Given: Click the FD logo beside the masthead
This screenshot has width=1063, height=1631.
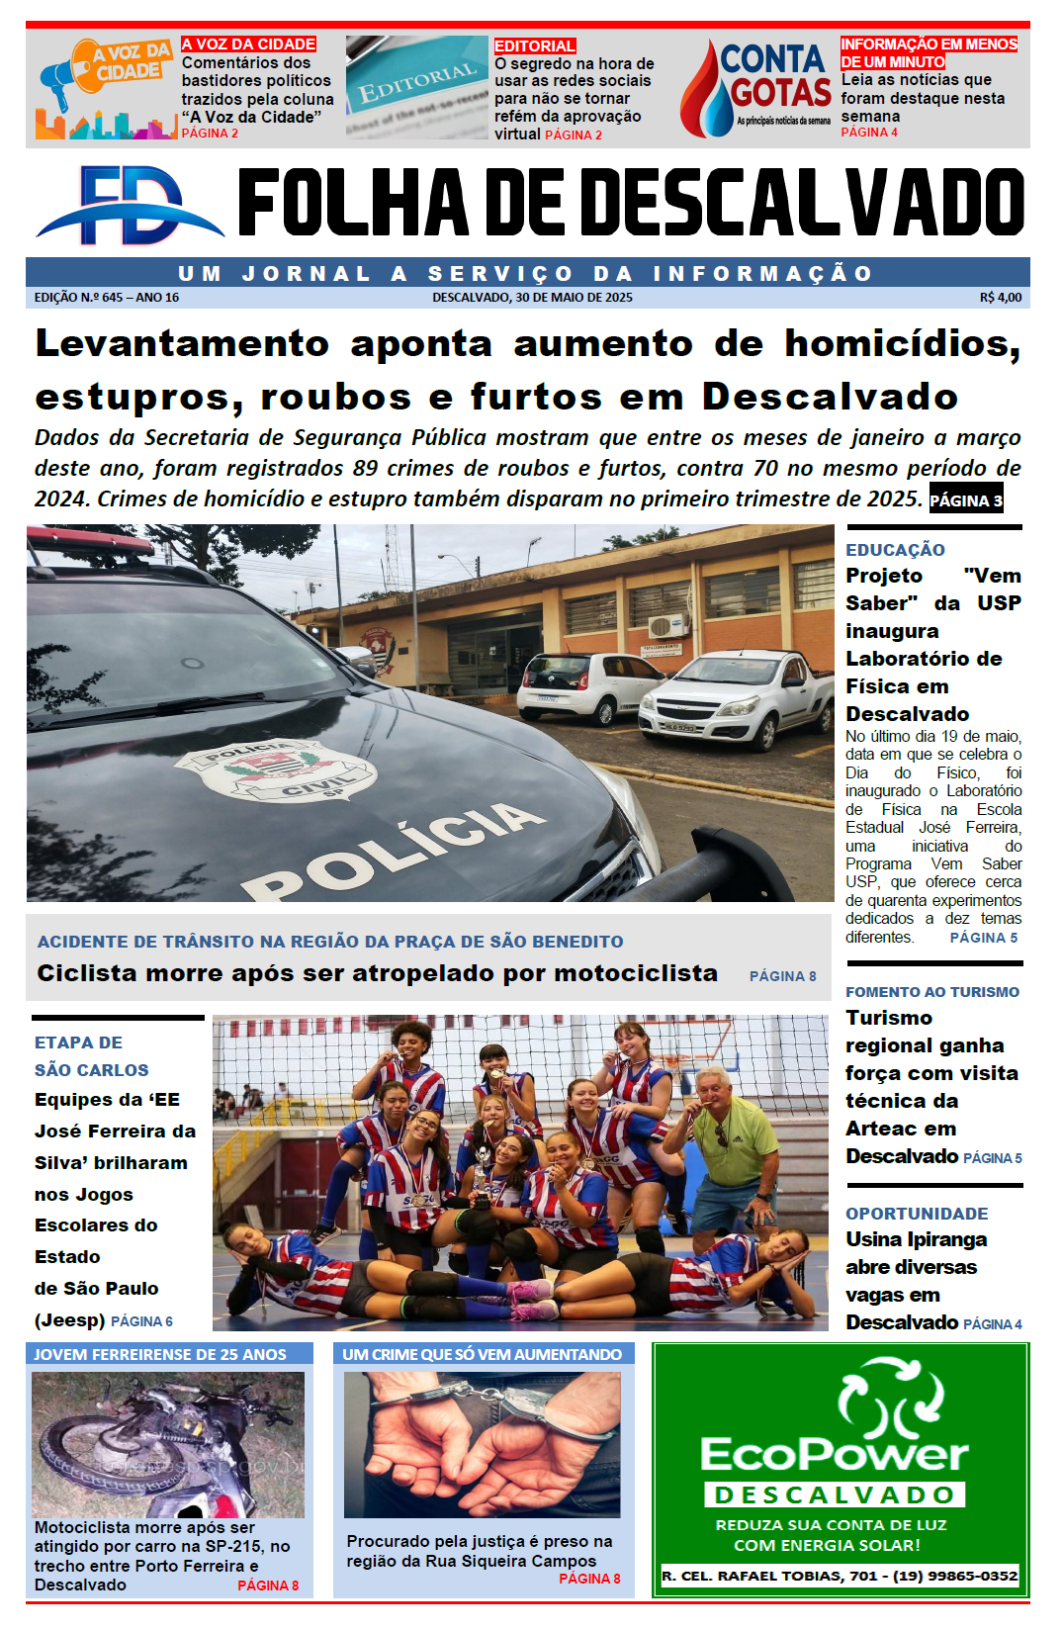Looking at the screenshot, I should [x=129, y=205].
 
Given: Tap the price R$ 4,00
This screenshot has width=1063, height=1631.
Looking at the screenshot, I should [x=1001, y=298].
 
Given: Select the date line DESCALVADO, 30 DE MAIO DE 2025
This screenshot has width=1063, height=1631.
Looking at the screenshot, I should [x=532, y=298].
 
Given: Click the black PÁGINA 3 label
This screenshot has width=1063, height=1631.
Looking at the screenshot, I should [x=966, y=500].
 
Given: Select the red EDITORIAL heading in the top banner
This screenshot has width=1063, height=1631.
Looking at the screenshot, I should [x=534, y=46].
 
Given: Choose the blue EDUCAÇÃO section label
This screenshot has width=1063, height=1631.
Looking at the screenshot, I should [x=895, y=550].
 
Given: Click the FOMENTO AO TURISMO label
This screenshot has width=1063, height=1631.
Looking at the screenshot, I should [x=931, y=992].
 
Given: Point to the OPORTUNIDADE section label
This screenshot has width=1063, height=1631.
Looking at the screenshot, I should [x=917, y=1214].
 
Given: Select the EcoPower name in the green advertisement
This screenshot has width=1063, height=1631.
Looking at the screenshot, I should [x=834, y=1454].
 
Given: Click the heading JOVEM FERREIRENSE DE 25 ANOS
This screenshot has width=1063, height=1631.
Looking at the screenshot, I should [x=160, y=1354].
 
